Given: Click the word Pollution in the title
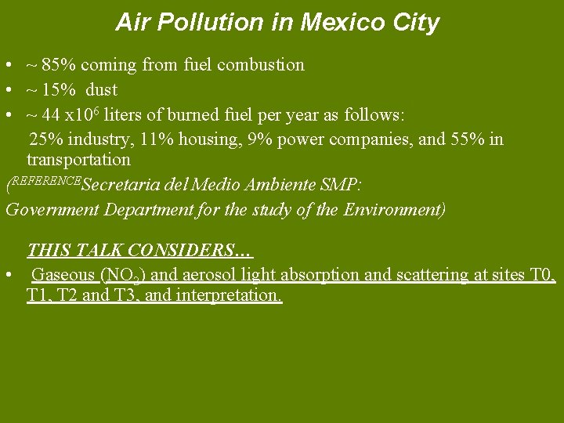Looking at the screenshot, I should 204,23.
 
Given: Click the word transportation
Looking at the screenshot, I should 78,160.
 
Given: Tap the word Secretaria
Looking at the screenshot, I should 118,186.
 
